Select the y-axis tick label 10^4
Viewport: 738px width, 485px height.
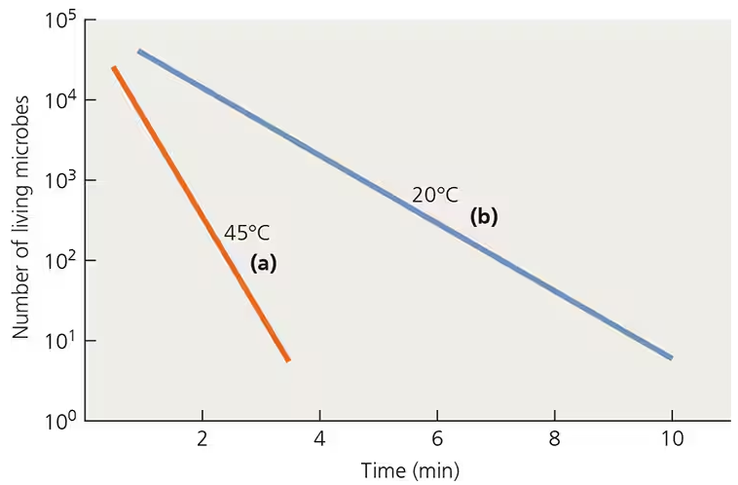point(62,103)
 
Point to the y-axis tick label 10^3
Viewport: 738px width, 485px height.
point(62,183)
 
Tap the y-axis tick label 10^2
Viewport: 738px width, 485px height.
point(62,263)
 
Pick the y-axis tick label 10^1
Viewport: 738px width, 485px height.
point(62,343)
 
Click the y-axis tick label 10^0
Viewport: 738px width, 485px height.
point(62,423)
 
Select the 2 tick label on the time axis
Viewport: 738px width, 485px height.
point(203,439)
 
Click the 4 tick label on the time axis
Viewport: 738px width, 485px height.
point(319,439)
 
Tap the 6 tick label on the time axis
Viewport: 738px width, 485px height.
point(437,439)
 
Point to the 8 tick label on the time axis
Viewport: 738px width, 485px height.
point(554,439)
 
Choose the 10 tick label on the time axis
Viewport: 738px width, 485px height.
point(671,439)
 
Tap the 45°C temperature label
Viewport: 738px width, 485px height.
point(247,233)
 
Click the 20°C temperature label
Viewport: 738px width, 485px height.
point(434,195)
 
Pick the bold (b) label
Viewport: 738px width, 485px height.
point(484,217)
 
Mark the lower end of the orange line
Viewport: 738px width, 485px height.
point(287,359)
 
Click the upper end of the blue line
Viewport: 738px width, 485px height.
point(140,51)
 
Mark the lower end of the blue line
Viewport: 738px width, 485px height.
point(671,357)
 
